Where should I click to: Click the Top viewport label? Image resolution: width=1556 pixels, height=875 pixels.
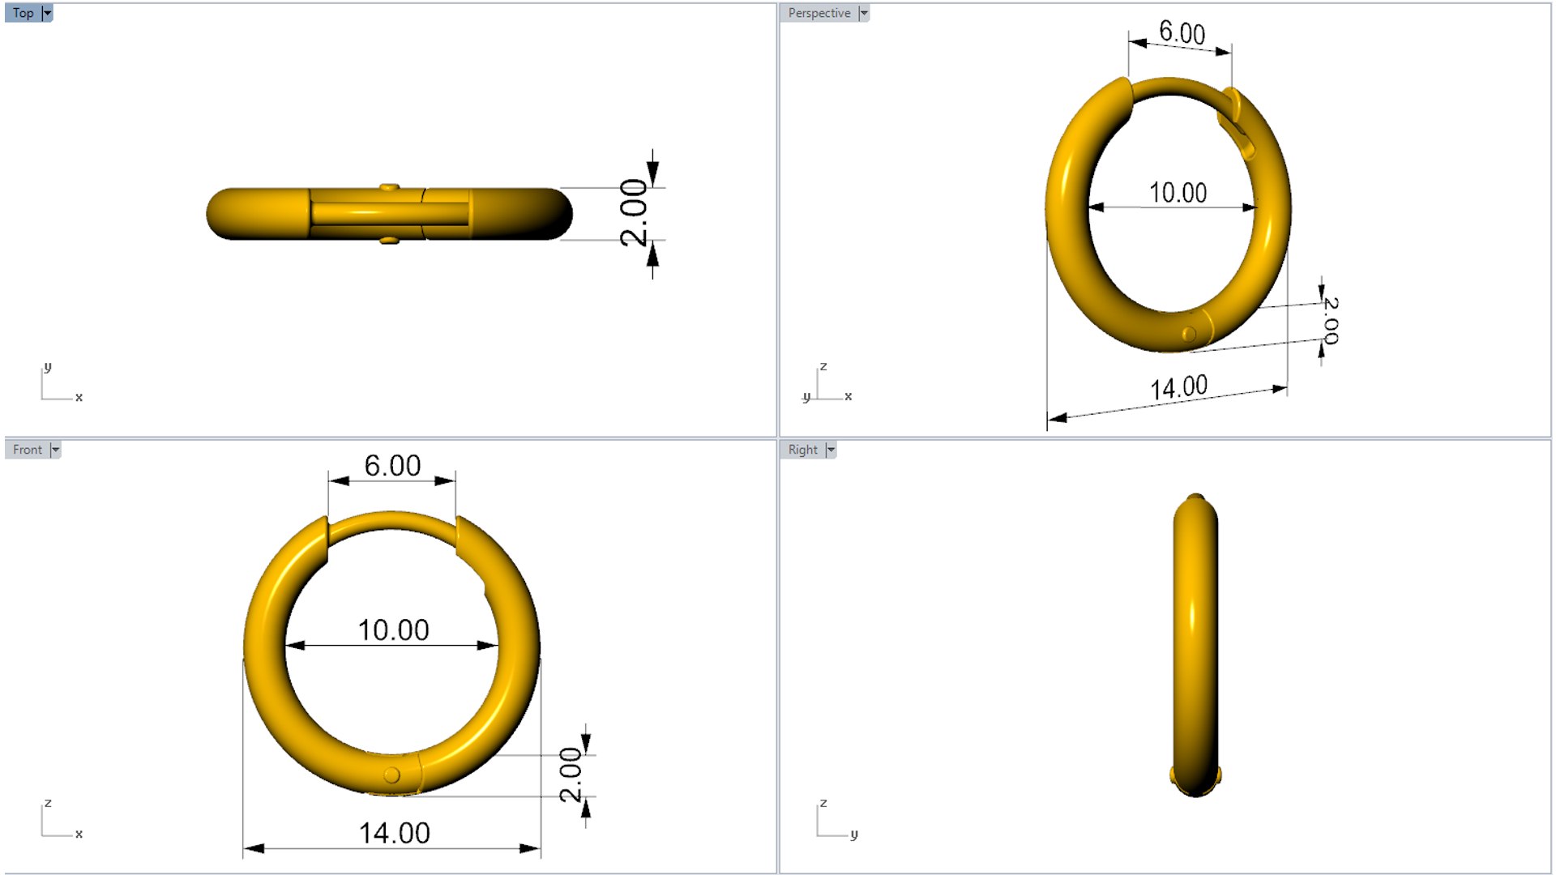coord(23,13)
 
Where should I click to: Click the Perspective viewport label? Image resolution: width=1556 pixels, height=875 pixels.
coord(819,13)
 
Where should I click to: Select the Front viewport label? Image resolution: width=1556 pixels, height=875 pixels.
coord(27,450)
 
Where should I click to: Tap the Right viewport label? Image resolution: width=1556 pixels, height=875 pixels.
coord(802,450)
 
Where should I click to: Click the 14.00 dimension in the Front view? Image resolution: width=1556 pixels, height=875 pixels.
coord(394,833)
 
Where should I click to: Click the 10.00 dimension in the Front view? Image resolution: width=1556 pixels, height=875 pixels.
coord(393,630)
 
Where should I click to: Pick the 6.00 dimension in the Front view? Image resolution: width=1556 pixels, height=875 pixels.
coord(392,465)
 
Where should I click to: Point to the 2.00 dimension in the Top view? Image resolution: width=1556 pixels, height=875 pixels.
coord(634,212)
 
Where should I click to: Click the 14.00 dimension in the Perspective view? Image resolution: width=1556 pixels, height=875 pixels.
coord(1178,387)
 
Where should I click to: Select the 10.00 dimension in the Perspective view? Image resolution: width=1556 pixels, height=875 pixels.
coord(1178,193)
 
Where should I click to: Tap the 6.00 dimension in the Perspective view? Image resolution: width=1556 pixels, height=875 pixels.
coord(1182,33)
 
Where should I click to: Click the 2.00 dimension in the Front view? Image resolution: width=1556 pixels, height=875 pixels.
coord(571,775)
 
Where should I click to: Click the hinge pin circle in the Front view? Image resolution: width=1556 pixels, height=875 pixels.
coord(391,775)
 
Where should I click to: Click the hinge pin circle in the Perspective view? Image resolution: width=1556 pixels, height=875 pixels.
coord(1189,334)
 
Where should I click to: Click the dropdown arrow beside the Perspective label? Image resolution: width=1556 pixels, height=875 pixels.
coord(864,13)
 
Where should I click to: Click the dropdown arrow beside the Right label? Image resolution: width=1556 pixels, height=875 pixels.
coord(831,450)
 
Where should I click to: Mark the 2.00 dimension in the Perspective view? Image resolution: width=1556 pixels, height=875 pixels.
coord(1331,320)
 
